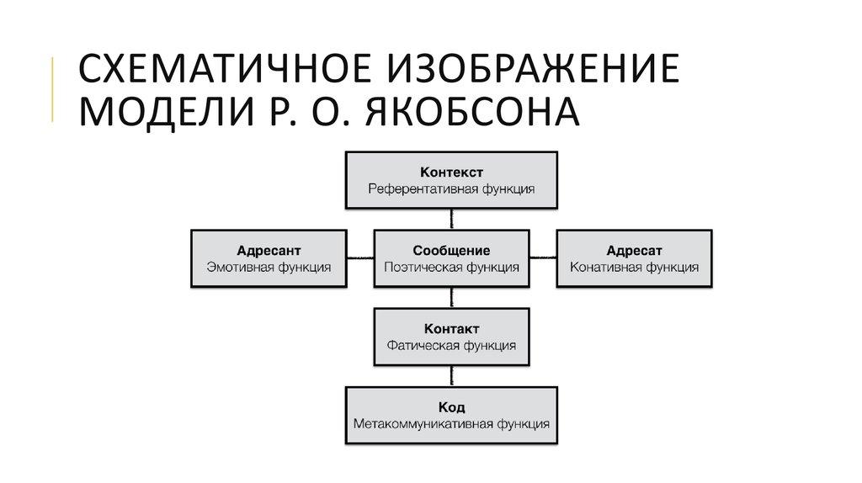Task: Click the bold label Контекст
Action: pyautogui.click(x=451, y=172)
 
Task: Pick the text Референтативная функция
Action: pyautogui.click(x=451, y=189)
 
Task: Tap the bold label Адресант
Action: pyautogui.click(x=269, y=251)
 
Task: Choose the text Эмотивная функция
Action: pyautogui.click(x=269, y=268)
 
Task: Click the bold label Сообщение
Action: pyautogui.click(x=451, y=251)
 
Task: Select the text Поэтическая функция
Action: pyautogui.click(x=451, y=268)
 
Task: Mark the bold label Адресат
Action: pyautogui.click(x=634, y=251)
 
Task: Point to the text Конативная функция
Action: pyautogui.click(x=634, y=268)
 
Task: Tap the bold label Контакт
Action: pyautogui.click(x=451, y=329)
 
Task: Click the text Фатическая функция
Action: pyautogui.click(x=451, y=346)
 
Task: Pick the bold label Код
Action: pyautogui.click(x=451, y=407)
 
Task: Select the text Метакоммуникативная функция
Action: pyautogui.click(x=451, y=424)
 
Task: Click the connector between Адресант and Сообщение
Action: pyautogui.click(x=360, y=257)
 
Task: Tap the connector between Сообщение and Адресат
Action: pyautogui.click(x=543, y=257)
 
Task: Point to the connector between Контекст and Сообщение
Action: pyautogui.click(x=451, y=220)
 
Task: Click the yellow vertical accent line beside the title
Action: pyautogui.click(x=53, y=89)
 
